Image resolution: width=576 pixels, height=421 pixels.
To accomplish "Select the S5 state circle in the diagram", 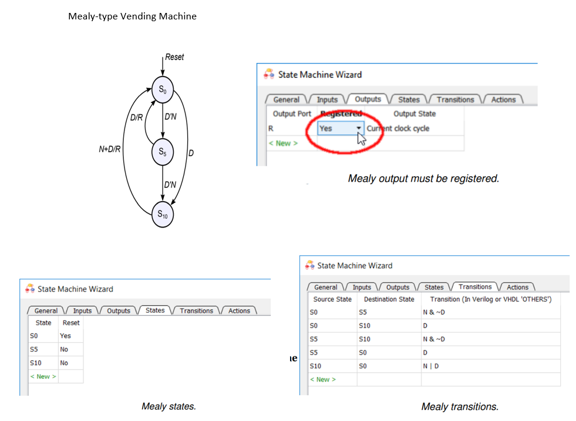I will pyautogui.click(x=162, y=153).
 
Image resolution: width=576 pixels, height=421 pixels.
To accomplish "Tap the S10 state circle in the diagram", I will pyautogui.click(x=163, y=215).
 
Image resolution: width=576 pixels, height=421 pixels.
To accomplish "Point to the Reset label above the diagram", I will pyautogui.click(x=174, y=57).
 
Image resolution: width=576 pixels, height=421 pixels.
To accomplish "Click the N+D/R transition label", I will pyautogui.click(x=110, y=149).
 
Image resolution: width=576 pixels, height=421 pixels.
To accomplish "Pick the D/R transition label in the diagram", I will pyautogui.click(x=136, y=117).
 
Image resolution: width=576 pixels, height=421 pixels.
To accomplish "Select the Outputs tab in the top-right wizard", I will pyautogui.click(x=368, y=99).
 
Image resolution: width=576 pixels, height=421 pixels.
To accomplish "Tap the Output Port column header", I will pyautogui.click(x=292, y=113).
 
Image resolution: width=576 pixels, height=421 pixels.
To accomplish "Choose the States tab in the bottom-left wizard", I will pyautogui.click(x=155, y=310).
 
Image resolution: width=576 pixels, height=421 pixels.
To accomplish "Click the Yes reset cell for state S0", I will pyautogui.click(x=65, y=336).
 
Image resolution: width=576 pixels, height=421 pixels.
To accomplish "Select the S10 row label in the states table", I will pyautogui.click(x=35, y=363).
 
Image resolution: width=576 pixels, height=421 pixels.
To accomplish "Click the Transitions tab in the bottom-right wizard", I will pyautogui.click(x=475, y=287).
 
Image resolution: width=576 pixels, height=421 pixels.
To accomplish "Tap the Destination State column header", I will pyautogui.click(x=389, y=299).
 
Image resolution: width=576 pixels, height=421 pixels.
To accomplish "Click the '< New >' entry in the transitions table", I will pyautogui.click(x=323, y=379).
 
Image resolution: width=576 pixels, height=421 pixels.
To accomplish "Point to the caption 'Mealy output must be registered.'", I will pyautogui.click(x=423, y=178).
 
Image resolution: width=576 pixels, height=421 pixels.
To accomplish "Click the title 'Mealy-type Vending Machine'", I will pyautogui.click(x=132, y=16).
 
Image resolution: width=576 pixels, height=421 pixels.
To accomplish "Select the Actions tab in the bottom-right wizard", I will pyautogui.click(x=517, y=287).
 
